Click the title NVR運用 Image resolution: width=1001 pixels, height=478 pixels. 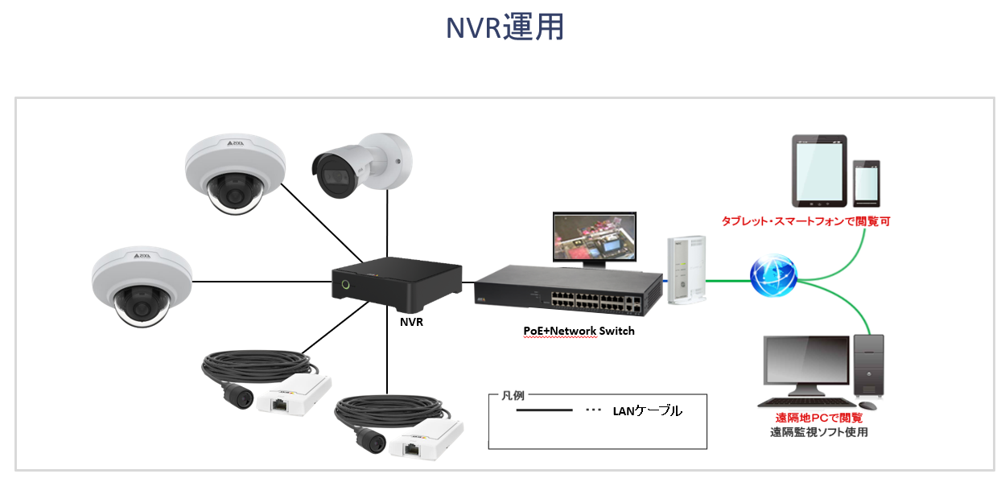pyautogui.click(x=505, y=28)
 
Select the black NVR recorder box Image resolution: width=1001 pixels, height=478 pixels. pyautogui.click(x=398, y=285)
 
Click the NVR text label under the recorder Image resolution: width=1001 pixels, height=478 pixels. pyautogui.click(x=411, y=322)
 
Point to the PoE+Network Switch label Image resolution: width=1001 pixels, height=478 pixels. pyautogui.click(x=574, y=331)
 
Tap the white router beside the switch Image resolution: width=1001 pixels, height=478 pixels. pyautogui.click(x=686, y=270)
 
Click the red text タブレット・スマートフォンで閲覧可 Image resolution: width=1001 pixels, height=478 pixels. pyautogui.click(x=805, y=220)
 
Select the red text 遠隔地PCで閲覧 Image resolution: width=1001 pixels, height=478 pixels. pyautogui.click(x=818, y=418)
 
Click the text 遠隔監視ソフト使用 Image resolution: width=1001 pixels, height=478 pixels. pyautogui.click(x=818, y=432)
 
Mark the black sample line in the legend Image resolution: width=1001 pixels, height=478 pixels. pyautogui.click(x=543, y=410)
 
